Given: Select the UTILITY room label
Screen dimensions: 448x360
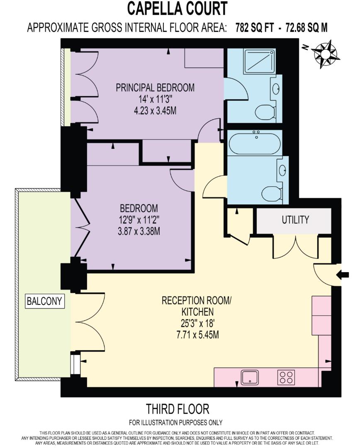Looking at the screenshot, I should point(295,220).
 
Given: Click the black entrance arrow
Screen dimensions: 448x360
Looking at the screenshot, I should point(345,274).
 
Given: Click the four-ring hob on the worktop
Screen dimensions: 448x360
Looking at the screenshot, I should point(286,377).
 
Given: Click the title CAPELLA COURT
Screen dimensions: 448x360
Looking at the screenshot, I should point(178,9).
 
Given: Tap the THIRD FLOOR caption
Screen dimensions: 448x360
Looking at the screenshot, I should point(178,409).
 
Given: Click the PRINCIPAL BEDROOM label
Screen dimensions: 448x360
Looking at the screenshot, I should point(155,88).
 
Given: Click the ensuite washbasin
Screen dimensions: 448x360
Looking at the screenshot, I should point(276,88).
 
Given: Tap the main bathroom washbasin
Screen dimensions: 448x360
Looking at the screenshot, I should point(283,169).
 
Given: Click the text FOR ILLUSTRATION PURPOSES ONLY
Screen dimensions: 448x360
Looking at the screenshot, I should point(175,423).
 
